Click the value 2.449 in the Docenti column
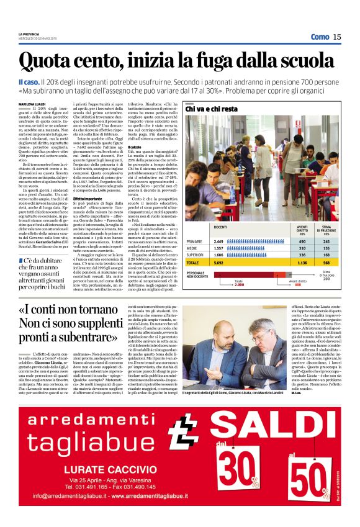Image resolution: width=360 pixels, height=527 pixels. [x=218, y=241]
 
